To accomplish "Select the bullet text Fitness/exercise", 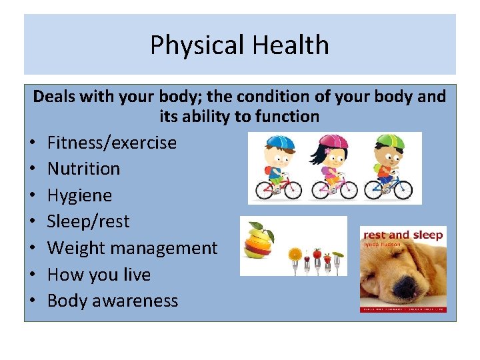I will tap(112, 143).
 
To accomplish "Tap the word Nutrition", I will tap(83, 169).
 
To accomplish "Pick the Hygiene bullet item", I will tap(79, 195).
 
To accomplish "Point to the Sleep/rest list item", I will tap(88, 221).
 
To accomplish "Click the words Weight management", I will tap(132, 248).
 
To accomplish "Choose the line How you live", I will tap(99, 275).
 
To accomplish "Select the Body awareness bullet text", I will tap(113, 301).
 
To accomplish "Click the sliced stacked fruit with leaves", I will tap(259, 241).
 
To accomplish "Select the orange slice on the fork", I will tap(295, 254).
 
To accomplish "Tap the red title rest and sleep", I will tap(402, 235).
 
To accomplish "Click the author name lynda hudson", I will tap(383, 244).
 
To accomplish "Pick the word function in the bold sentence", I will tap(287, 117).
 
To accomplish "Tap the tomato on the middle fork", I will tap(317, 254).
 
